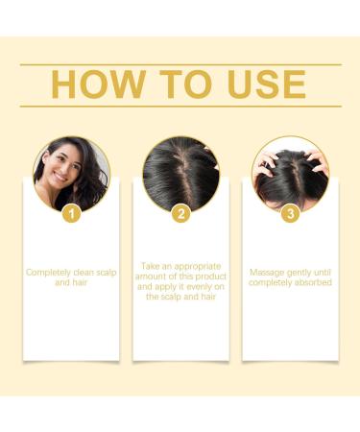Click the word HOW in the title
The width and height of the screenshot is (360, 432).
coord(92,84)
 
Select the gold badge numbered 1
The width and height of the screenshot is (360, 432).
coord(71,214)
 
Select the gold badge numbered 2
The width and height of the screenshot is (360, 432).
coord(180,214)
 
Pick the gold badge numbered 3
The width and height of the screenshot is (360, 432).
coord(289,214)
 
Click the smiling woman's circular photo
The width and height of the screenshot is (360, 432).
coord(71,173)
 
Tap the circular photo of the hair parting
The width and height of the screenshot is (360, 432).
coord(180,173)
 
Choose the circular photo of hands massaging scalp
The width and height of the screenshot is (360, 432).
coord(289,173)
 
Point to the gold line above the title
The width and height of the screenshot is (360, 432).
coord(180,64)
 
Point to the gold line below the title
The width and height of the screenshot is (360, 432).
coord(180,106)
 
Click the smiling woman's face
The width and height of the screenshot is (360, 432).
coord(62,169)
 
